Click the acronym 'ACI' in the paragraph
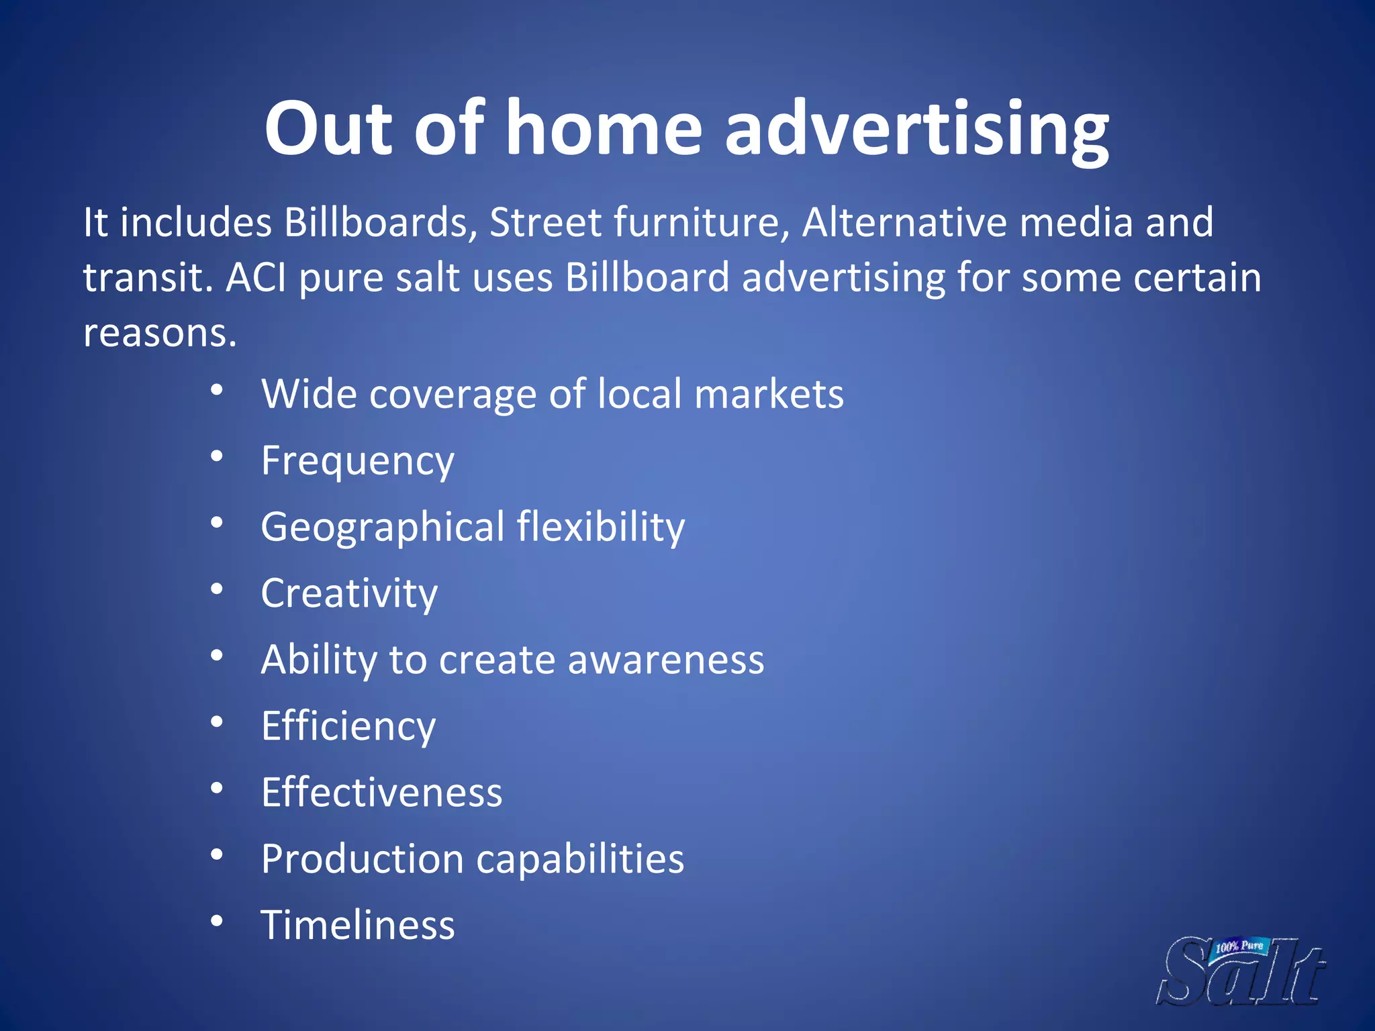[256, 277]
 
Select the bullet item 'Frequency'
[358, 461]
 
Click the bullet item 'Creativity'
[349, 593]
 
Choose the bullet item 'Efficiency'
[348, 726]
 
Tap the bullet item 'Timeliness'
[358, 925]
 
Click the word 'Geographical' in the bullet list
[383, 528]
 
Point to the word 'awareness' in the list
[666, 660]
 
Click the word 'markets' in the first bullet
[769, 394]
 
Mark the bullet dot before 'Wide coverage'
[216, 390]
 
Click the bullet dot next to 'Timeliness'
[216, 921]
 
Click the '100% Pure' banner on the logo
[1239, 946]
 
